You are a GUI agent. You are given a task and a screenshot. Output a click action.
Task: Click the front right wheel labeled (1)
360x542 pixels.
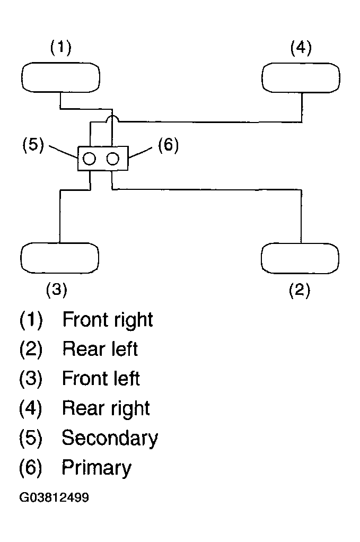pyautogui.click(x=61, y=77)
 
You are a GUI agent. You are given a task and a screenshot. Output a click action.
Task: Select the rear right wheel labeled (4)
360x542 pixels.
pyautogui.click(x=301, y=78)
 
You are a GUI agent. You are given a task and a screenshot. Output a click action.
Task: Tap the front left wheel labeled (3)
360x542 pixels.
pyautogui.click(x=60, y=258)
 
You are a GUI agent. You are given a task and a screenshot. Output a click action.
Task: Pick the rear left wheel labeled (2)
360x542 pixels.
pyautogui.click(x=300, y=258)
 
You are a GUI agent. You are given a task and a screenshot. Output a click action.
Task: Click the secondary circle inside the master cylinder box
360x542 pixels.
pyautogui.click(x=90, y=159)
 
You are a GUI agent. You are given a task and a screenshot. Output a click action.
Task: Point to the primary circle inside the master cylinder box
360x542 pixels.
pyautogui.click(x=112, y=159)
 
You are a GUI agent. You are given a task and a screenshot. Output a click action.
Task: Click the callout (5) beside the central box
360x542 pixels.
pyautogui.click(x=33, y=145)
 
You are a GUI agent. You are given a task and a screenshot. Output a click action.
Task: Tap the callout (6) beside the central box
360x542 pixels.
pyautogui.click(x=168, y=145)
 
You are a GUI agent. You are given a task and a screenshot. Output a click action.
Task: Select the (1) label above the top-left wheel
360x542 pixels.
pyautogui.click(x=61, y=47)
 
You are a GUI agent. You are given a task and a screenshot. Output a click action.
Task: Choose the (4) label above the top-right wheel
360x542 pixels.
pyautogui.click(x=301, y=48)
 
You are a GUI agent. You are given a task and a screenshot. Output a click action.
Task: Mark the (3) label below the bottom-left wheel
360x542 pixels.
pyautogui.click(x=56, y=290)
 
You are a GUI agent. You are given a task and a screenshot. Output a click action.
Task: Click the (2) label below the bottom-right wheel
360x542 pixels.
pyautogui.click(x=299, y=290)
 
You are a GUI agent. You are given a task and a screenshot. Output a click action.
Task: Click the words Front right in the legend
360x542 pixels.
pyautogui.click(x=108, y=320)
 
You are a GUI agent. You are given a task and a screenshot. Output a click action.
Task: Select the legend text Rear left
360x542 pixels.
pyautogui.click(x=100, y=348)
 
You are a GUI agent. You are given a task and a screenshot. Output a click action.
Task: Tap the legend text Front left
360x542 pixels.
pyautogui.click(x=101, y=378)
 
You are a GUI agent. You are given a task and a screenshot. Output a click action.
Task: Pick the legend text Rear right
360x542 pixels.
pyautogui.click(x=106, y=408)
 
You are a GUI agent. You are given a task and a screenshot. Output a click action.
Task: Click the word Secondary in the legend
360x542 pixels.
pyautogui.click(x=110, y=438)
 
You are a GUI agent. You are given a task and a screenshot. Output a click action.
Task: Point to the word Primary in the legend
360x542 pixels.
pyautogui.click(x=96, y=468)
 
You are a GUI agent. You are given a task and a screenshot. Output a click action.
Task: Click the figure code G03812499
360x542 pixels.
pyautogui.click(x=54, y=497)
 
